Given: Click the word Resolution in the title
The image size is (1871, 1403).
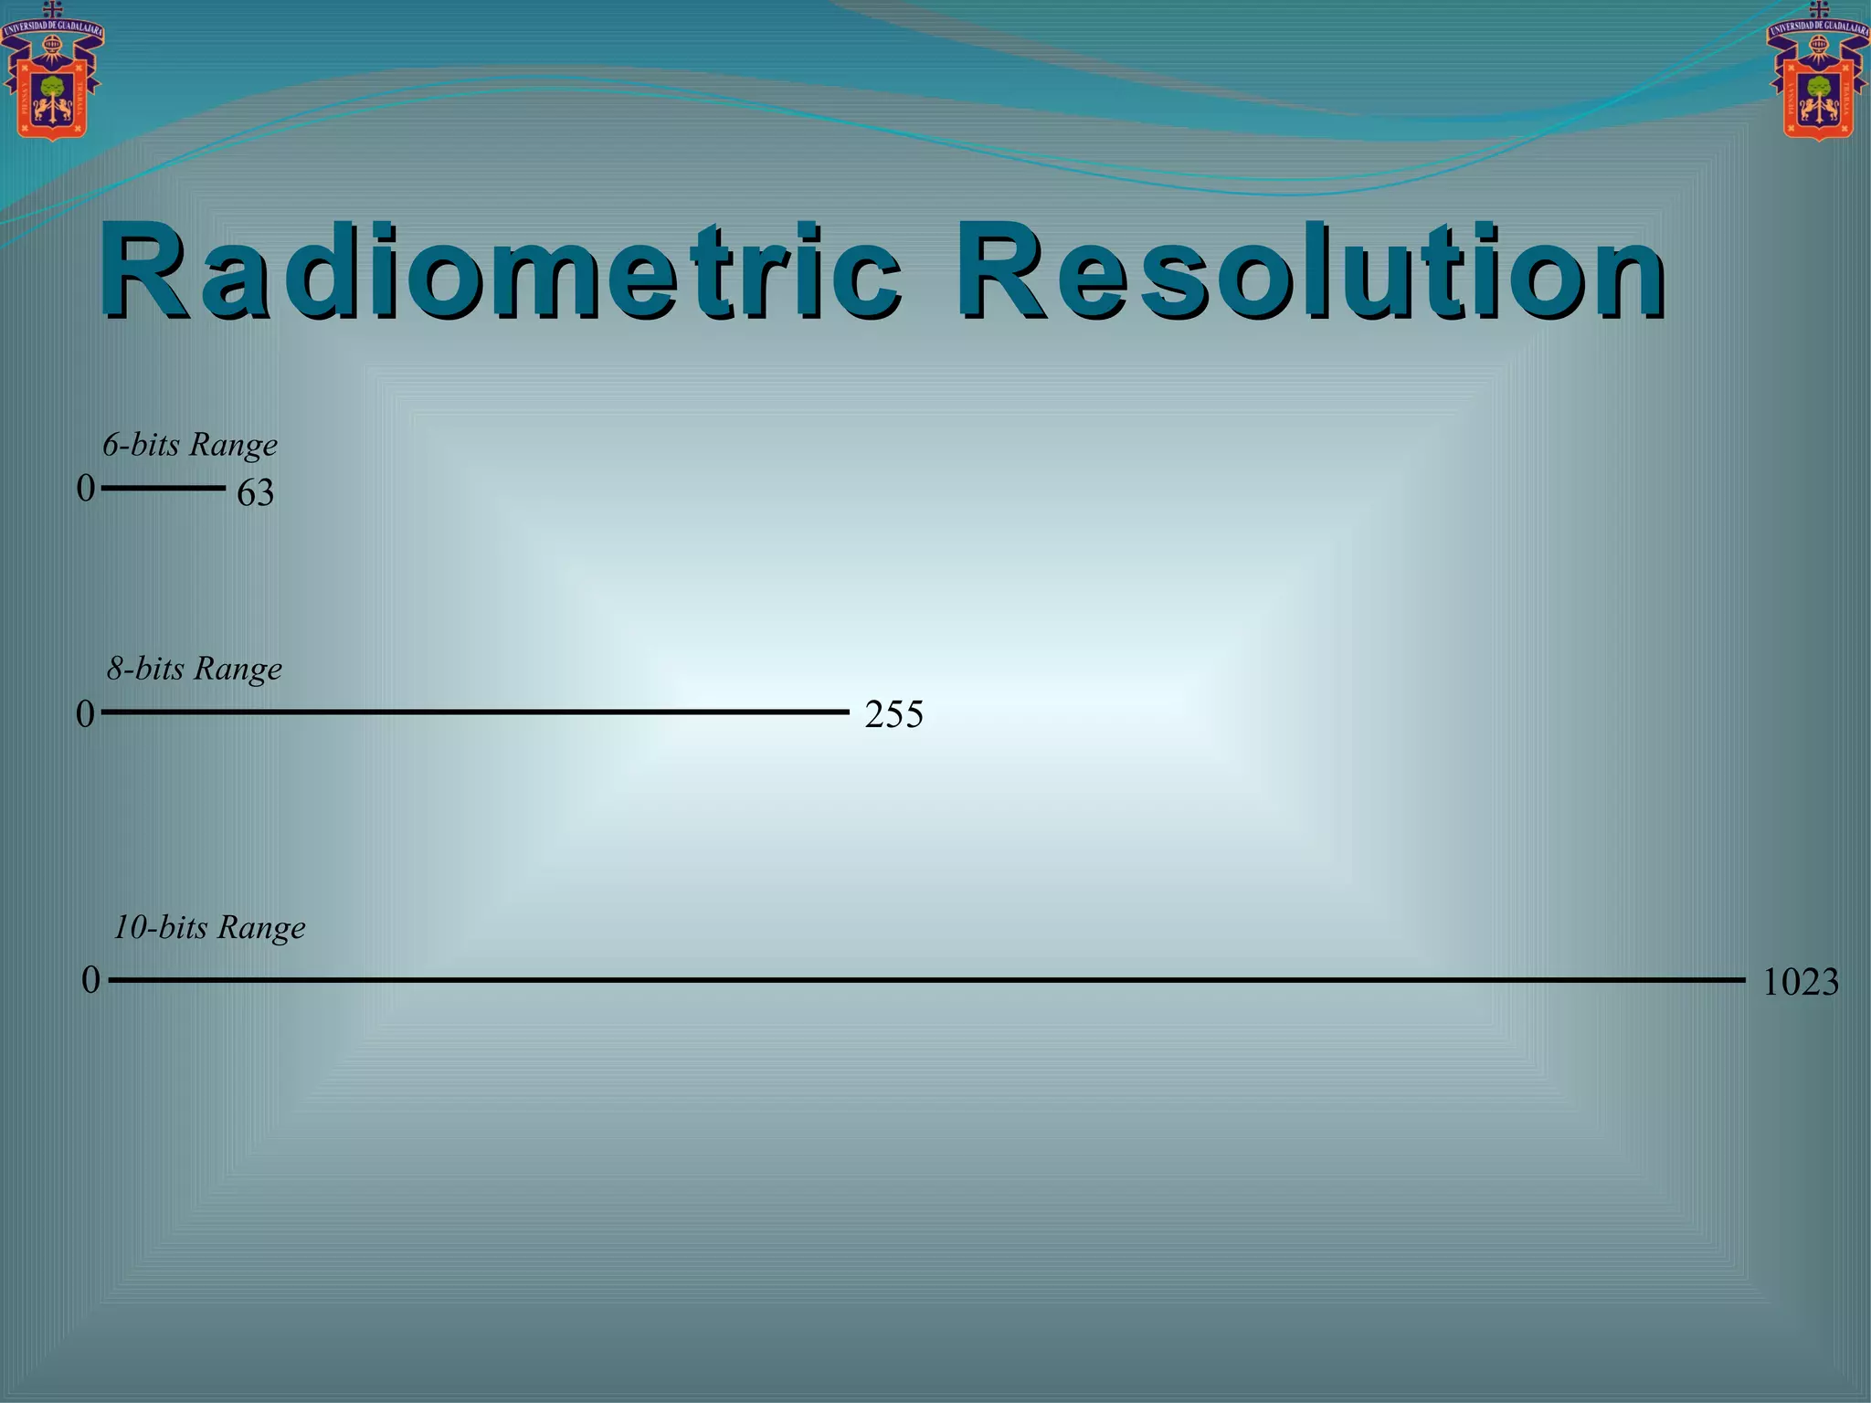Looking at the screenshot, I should pos(1310,271).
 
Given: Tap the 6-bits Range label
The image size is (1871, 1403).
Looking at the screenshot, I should pos(190,445).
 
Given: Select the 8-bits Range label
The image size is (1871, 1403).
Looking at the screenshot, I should pos(195,669).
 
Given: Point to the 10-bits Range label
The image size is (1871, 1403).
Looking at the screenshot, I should pos(209,927).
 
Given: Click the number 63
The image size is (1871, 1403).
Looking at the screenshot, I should pos(256,493).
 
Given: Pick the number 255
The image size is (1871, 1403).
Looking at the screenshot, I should pos(893,714).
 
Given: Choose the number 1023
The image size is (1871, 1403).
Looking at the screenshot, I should pos(1800,983).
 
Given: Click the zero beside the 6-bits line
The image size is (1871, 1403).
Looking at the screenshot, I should pos(86,489).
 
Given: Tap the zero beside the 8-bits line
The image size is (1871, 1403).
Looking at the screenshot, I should pos(86,714).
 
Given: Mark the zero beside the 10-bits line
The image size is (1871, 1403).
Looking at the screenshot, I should pos(90,981).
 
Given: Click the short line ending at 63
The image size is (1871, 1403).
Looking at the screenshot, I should pos(163,489).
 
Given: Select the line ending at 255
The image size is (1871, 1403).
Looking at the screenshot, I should pos(475,712).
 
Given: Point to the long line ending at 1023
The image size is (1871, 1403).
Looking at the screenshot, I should pos(926,980).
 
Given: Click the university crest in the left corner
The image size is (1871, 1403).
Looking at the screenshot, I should pos(52,78).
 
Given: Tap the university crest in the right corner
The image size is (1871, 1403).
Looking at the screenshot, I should pos(1818,78).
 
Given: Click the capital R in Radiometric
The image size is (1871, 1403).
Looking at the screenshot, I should pos(146,271).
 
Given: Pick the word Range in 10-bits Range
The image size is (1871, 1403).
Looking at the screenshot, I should pos(261,928).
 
